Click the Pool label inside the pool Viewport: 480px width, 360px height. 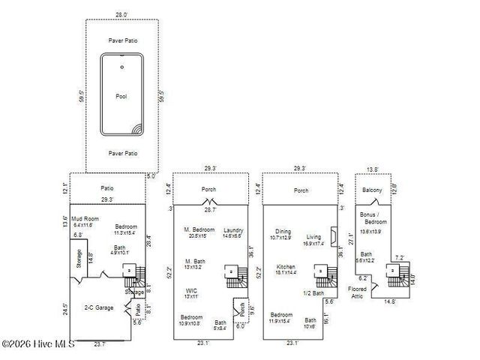click(x=121, y=97)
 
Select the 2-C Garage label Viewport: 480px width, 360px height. click(x=99, y=307)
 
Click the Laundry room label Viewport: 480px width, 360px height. click(x=233, y=230)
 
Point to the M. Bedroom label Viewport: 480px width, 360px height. click(x=199, y=229)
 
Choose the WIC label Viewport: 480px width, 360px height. click(x=191, y=290)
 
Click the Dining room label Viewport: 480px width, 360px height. click(x=283, y=232)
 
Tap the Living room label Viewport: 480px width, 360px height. click(x=313, y=237)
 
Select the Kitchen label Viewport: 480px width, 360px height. click(x=285, y=267)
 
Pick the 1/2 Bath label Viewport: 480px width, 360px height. click(x=313, y=293)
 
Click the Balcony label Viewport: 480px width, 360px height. click(x=372, y=190)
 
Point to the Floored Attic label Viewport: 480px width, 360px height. click(x=357, y=292)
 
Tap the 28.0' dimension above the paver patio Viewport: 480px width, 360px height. click(x=121, y=14)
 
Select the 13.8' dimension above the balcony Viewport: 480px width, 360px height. click(x=371, y=170)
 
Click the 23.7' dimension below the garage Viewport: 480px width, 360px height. click(x=100, y=344)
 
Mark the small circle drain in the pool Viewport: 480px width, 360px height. click(x=121, y=67)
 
